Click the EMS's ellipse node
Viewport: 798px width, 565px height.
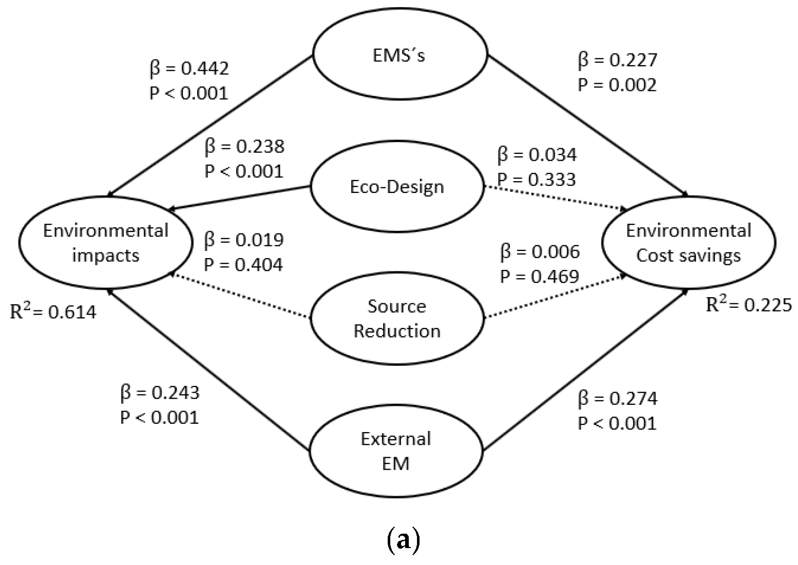coord(400,55)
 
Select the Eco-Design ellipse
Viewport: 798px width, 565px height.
coord(397,187)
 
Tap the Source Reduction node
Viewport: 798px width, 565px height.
coord(397,318)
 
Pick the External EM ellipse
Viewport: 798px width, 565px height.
coord(396,451)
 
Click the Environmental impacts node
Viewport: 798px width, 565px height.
coord(106,243)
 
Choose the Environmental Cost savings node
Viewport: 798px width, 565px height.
coord(689,243)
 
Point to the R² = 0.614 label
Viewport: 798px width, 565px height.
coord(53,311)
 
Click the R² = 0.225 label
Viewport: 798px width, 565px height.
coord(749,305)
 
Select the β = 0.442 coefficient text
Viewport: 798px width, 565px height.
coord(189,68)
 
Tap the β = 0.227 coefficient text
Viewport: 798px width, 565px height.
coord(618,61)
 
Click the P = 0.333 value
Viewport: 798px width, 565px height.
coord(537,179)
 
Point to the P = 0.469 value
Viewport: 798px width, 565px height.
coord(540,276)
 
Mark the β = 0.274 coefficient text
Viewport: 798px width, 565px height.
coord(618,399)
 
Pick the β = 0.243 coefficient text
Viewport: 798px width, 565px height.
coord(160,393)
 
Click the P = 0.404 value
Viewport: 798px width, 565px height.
coord(243,264)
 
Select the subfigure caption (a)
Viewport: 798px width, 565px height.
coord(402,540)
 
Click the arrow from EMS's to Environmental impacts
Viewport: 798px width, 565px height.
coord(211,125)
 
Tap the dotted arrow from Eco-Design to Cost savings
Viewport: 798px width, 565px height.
coord(555,198)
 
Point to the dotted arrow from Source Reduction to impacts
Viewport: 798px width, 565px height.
coord(241,296)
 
